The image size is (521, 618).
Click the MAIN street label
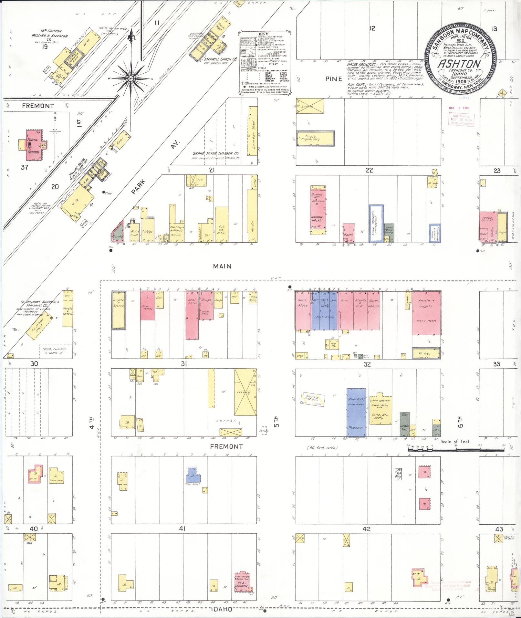click(x=222, y=266)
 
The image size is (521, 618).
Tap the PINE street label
click(x=334, y=79)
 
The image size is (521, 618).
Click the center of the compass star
click(x=130, y=79)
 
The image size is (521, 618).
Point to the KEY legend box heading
click(x=264, y=34)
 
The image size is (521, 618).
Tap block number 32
click(x=367, y=364)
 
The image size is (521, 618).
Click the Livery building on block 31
click(x=245, y=392)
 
